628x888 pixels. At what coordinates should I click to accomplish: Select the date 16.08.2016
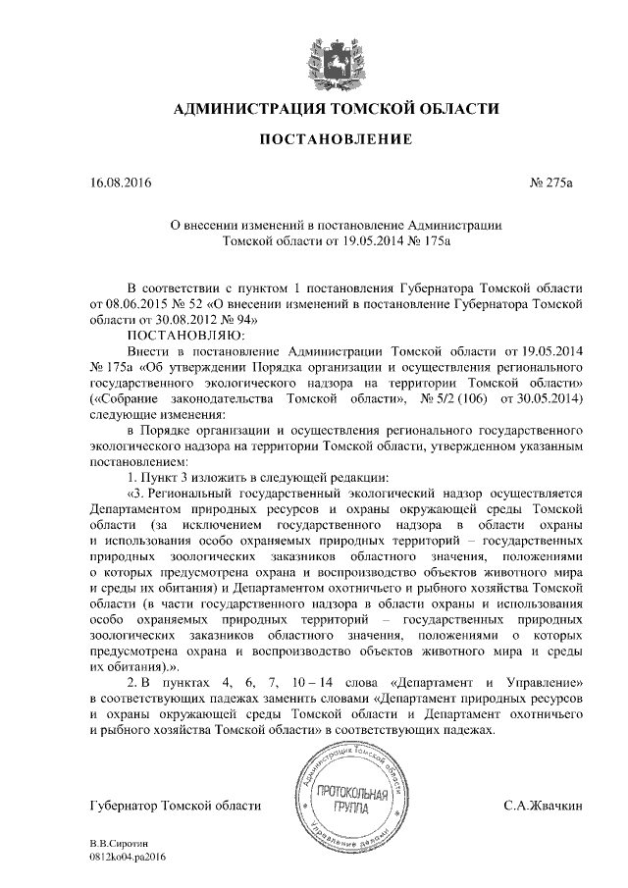[121, 183]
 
